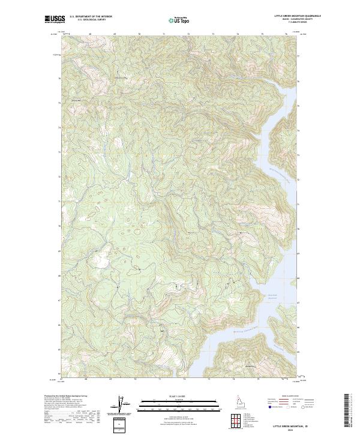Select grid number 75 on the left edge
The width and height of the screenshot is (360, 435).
coord(59,103)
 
